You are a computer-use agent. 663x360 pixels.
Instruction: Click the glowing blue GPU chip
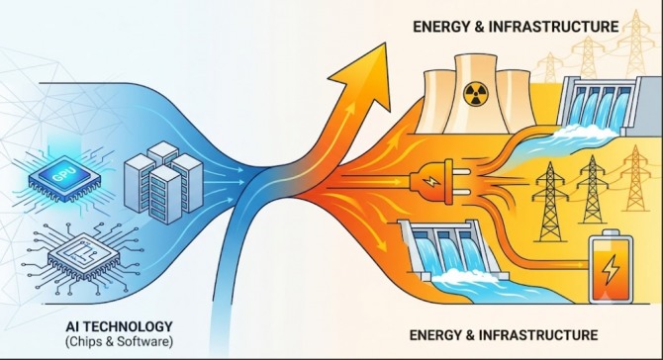tap(64, 177)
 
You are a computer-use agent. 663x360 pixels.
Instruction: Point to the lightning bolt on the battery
tap(611, 270)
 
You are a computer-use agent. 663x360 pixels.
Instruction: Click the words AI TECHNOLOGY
tap(119, 326)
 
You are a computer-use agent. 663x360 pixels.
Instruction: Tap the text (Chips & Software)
tap(119, 341)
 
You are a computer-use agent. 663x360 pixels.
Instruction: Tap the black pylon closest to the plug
tap(549, 202)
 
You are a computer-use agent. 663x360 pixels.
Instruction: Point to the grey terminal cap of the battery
tap(611, 232)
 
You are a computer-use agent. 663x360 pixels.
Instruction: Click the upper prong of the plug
tap(462, 172)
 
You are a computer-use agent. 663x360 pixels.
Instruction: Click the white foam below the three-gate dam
tap(461, 276)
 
